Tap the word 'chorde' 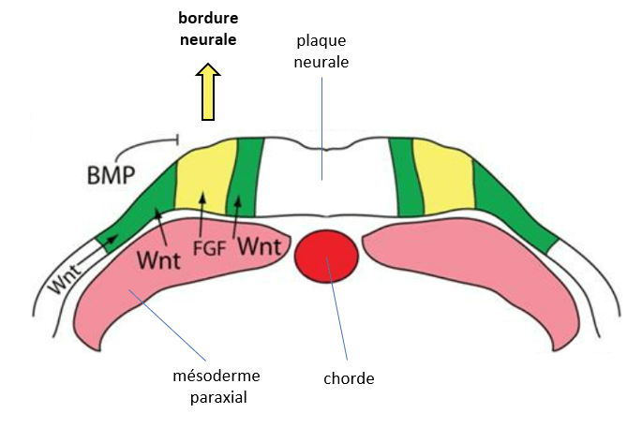pyautogui.click(x=348, y=378)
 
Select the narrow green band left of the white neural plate pyautogui.click(x=248, y=178)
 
